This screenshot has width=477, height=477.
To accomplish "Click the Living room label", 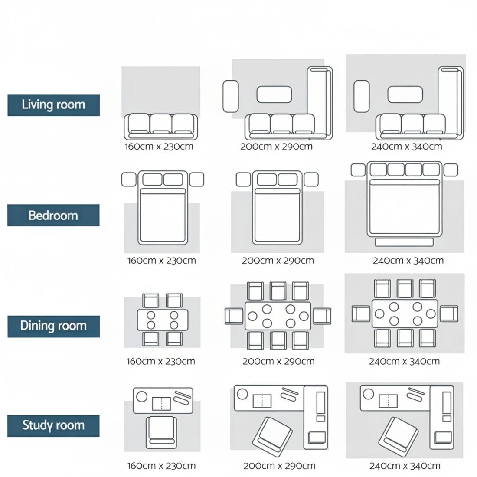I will [53, 105].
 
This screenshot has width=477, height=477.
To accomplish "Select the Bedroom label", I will [53, 216].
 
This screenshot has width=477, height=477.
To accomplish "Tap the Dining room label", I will [53, 326].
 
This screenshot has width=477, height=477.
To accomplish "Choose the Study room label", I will [53, 425].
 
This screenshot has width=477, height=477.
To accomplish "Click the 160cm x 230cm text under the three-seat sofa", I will [159, 147].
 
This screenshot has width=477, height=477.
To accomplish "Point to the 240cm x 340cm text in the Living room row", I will [406, 147].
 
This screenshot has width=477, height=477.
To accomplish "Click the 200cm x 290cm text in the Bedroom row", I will [278, 261].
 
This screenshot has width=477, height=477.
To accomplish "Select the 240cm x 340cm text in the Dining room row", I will [404, 361].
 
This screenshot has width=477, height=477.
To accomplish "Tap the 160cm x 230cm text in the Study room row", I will [161, 466].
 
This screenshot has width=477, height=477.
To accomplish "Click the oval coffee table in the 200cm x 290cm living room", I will [274, 95].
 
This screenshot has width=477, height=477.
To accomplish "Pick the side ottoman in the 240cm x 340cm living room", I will [362, 96].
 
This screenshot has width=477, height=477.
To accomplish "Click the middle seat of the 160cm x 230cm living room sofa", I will [161, 124].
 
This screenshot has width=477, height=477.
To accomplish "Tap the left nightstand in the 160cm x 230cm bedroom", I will [129, 180].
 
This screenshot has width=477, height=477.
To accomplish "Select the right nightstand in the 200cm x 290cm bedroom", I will [311, 180].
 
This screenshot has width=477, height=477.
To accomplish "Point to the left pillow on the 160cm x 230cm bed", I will [152, 180].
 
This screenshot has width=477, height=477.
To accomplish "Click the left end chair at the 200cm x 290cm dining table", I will [233, 316].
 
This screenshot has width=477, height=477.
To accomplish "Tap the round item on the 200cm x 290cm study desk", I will [242, 394].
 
